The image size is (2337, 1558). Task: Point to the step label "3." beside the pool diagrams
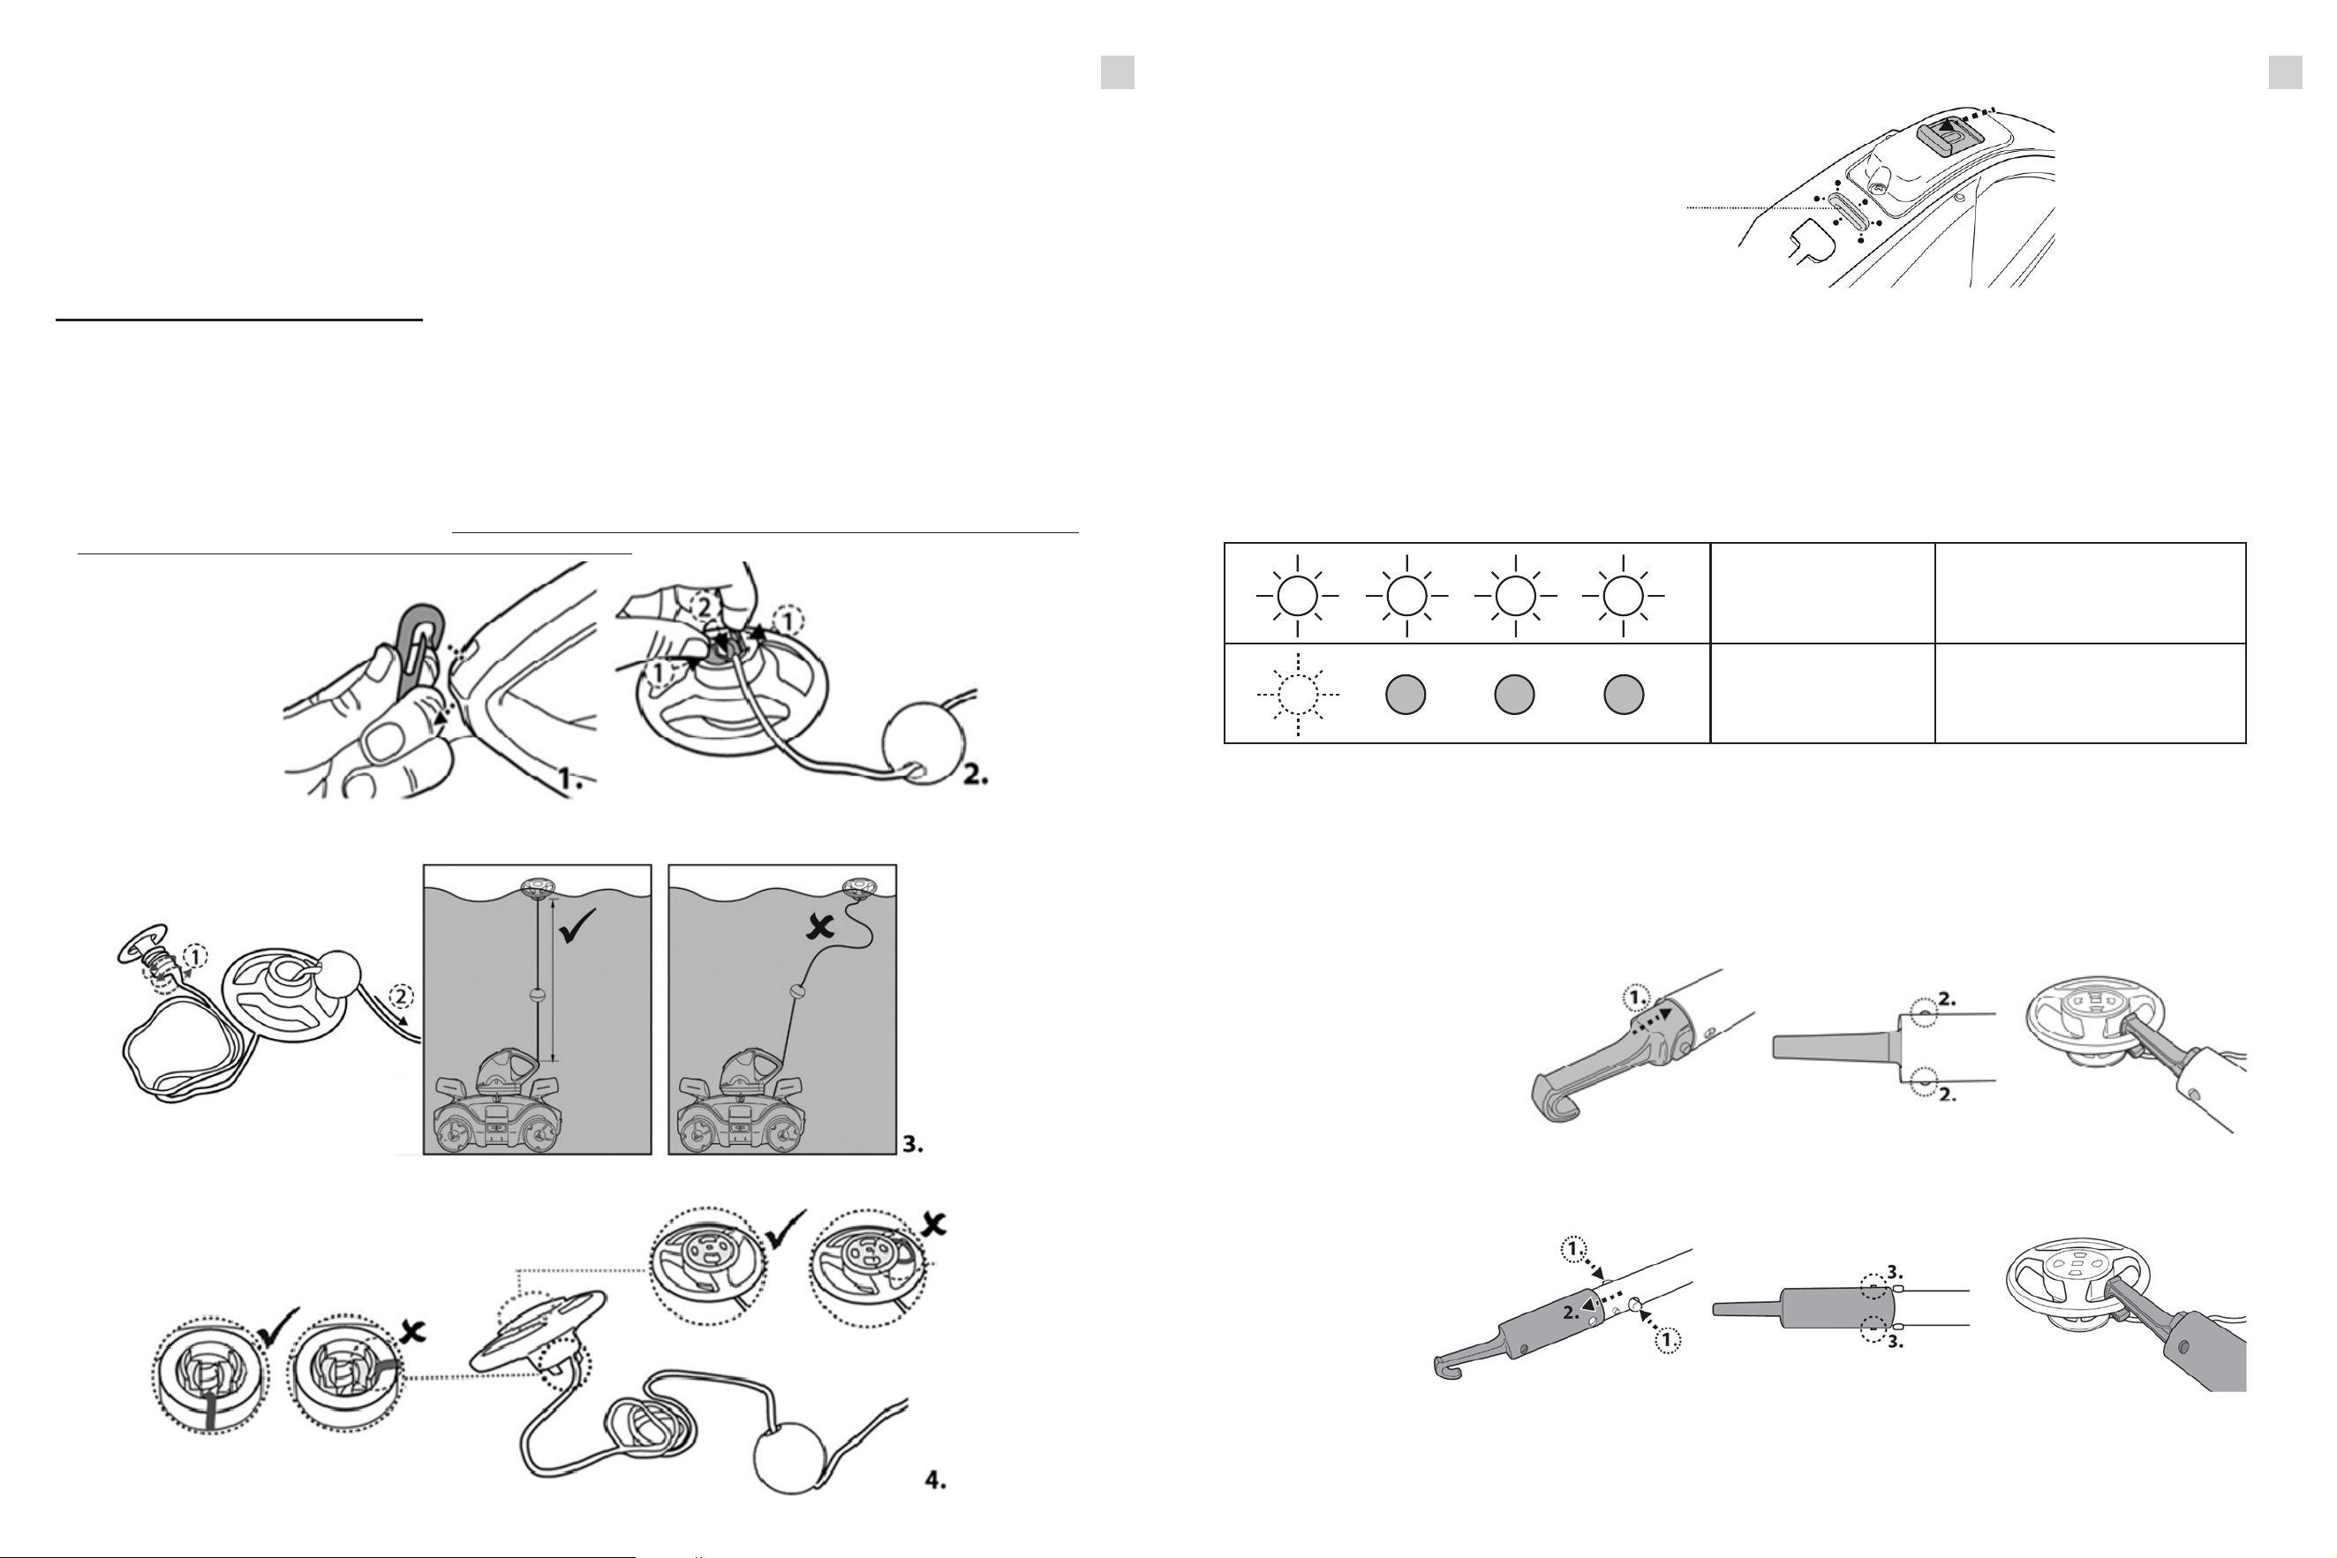coord(913,1145)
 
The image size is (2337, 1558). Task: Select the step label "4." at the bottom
coord(935,1508)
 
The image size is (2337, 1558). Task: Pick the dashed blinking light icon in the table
coord(1298,695)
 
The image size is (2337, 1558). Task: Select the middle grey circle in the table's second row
coord(1513,695)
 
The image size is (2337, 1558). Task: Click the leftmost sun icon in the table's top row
coord(1298,595)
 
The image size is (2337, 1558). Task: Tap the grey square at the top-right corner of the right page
coord(2285,72)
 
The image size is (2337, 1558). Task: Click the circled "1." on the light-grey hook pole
coord(1635,996)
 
